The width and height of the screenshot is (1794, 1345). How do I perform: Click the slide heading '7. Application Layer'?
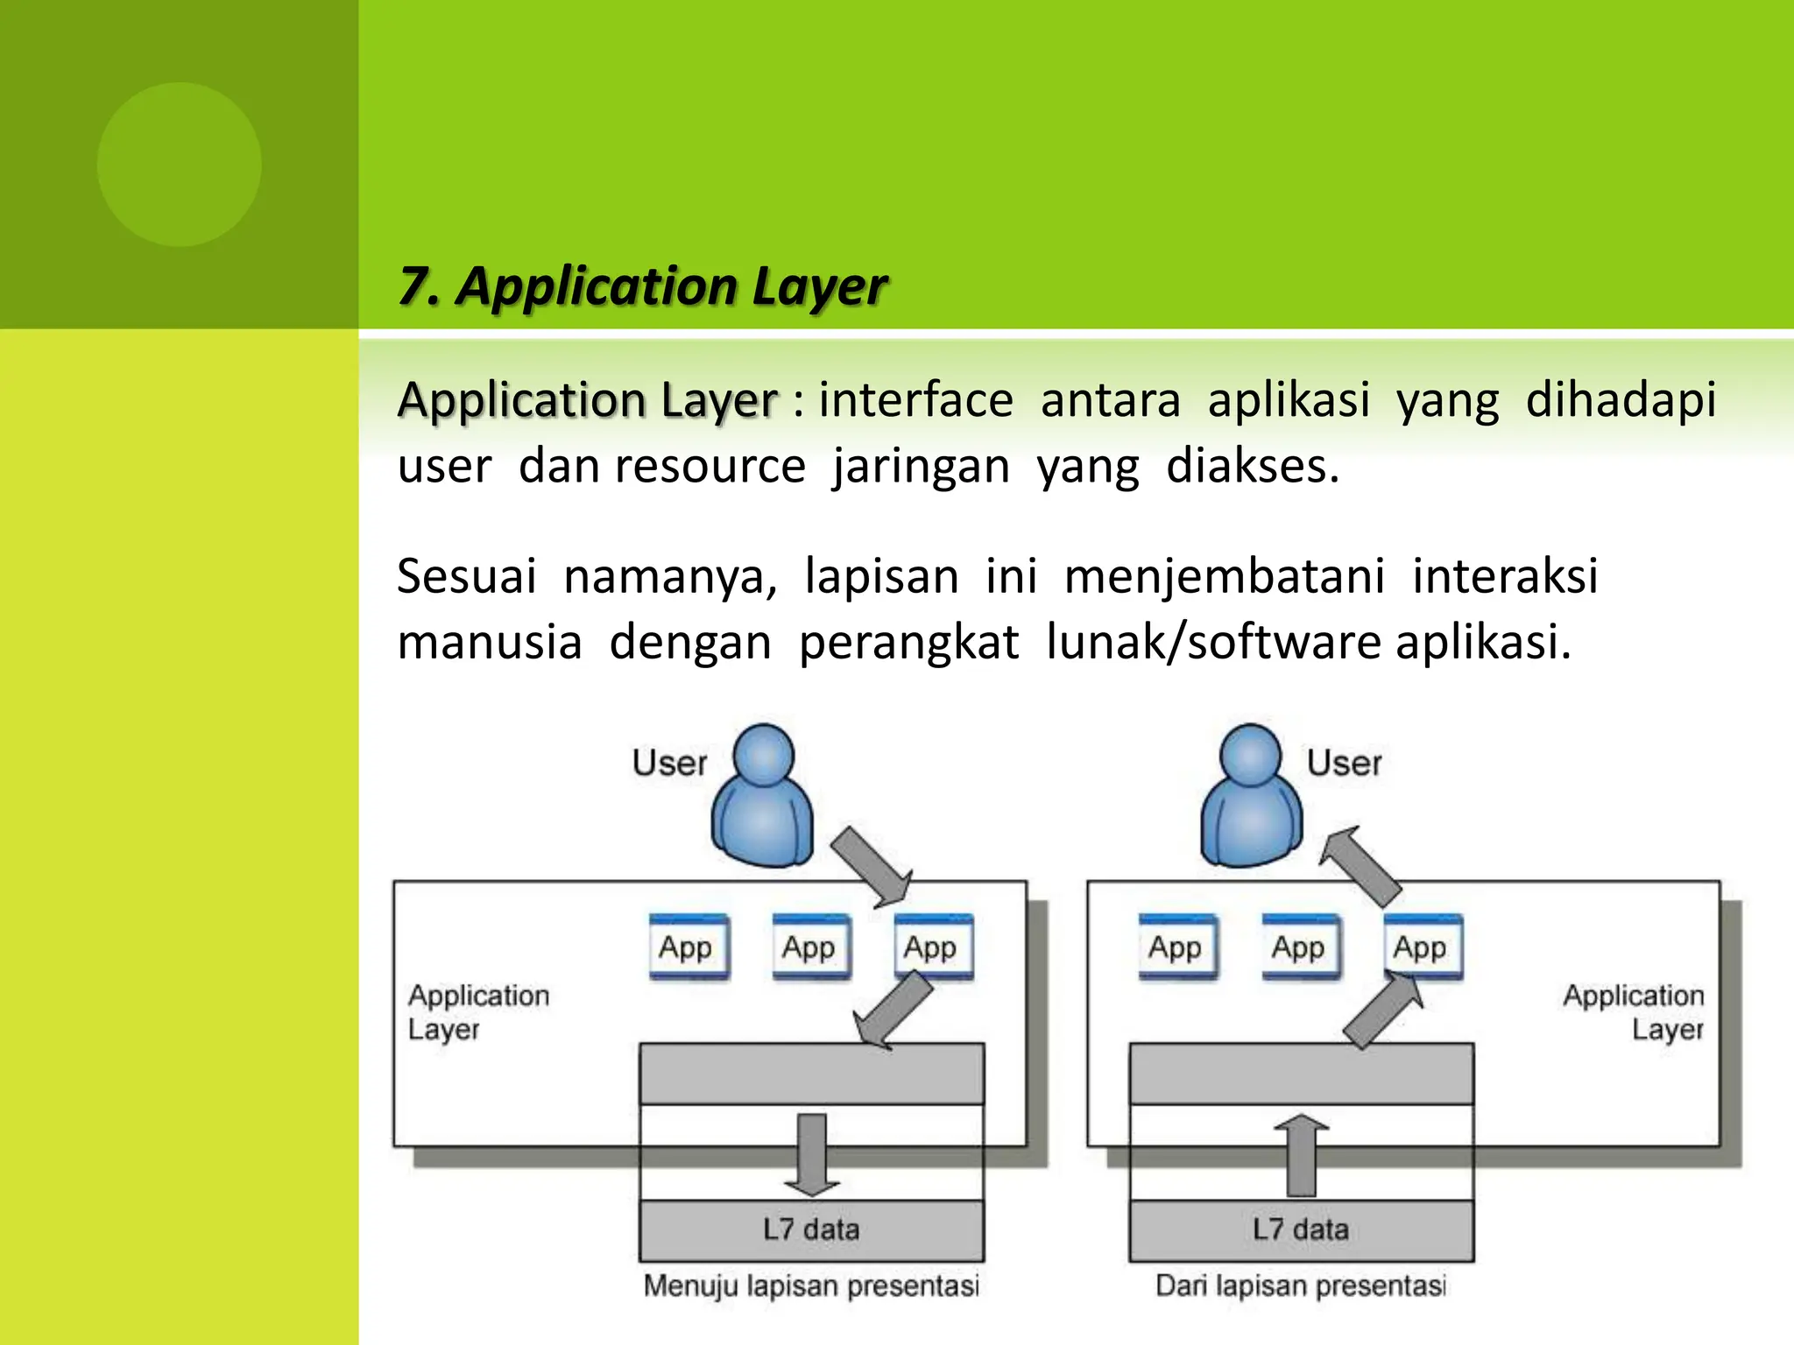pyautogui.click(x=642, y=286)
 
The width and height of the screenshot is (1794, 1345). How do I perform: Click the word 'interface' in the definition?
pyautogui.click(x=915, y=400)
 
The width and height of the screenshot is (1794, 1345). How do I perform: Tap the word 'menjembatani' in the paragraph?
pyautogui.click(x=1224, y=576)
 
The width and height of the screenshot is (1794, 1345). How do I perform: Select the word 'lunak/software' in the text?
pyautogui.click(x=1213, y=642)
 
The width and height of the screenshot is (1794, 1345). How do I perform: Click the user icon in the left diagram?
pyautogui.click(x=762, y=797)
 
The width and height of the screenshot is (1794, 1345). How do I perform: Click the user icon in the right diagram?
pyautogui.click(x=1251, y=797)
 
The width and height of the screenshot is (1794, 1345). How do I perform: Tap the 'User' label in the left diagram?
pyautogui.click(x=669, y=763)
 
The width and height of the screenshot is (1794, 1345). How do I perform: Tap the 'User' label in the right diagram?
pyautogui.click(x=1344, y=763)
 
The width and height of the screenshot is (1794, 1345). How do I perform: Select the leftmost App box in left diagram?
pyautogui.click(x=689, y=947)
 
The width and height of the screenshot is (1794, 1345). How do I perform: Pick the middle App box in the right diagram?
pyautogui.click(x=1300, y=947)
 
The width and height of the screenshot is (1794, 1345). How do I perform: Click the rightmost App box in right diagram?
pyautogui.click(x=1423, y=947)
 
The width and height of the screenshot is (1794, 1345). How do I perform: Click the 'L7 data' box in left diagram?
pyautogui.click(x=811, y=1229)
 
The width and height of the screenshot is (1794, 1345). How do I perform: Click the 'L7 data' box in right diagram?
pyautogui.click(x=1301, y=1229)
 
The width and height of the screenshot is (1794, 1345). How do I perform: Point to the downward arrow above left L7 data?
pyautogui.click(x=812, y=1154)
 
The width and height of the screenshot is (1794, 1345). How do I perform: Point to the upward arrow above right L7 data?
pyautogui.click(x=1302, y=1156)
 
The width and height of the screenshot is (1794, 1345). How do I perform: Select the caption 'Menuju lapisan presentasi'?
pyautogui.click(x=811, y=1285)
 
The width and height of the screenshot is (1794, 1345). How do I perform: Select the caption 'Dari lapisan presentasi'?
pyautogui.click(x=1301, y=1285)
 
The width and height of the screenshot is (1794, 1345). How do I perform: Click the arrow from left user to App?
pyautogui.click(x=871, y=866)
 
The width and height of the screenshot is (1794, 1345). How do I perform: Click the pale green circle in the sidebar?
pyautogui.click(x=180, y=165)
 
